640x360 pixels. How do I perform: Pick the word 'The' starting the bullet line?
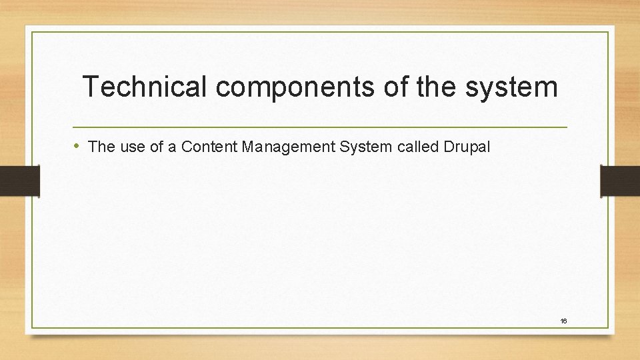pos(102,147)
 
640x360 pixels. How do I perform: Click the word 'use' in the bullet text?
pos(133,147)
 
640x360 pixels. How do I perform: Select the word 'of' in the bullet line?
pos(157,147)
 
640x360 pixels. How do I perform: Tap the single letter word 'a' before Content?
pos(172,147)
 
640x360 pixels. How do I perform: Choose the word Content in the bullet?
pos(209,147)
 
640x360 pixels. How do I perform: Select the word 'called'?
pos(416,147)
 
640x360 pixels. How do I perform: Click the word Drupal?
pos(466,147)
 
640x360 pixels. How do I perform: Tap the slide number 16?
pos(563,321)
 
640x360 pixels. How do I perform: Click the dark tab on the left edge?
pos(19,181)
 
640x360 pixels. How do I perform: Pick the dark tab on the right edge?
pos(620,181)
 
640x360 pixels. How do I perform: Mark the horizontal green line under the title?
pos(320,127)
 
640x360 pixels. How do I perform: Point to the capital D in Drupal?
pos(447,147)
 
